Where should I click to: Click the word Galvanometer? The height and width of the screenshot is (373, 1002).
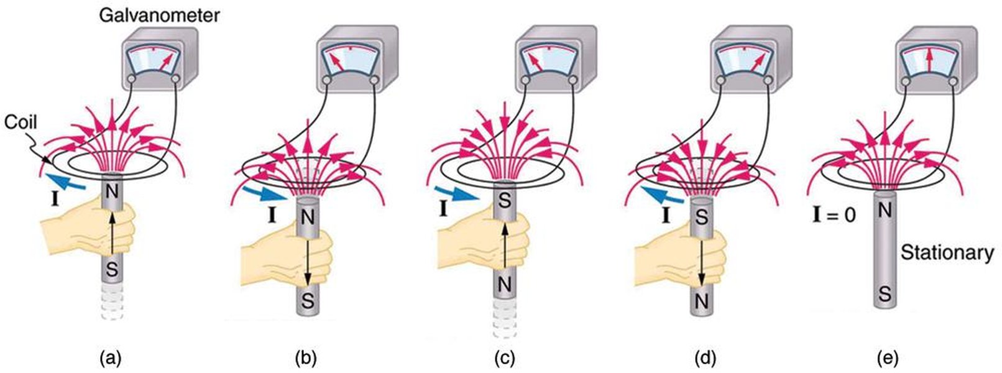(x=159, y=16)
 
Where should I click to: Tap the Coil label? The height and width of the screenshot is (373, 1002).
(x=21, y=122)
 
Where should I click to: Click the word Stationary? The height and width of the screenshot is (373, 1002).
(x=947, y=252)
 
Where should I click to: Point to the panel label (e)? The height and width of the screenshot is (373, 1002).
(x=888, y=358)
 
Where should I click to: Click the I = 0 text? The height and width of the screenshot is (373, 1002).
(x=834, y=215)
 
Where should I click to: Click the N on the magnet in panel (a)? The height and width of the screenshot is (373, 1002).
(x=111, y=192)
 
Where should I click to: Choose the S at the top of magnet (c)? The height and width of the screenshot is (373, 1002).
(x=504, y=201)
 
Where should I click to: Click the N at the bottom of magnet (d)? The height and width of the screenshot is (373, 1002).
(x=701, y=302)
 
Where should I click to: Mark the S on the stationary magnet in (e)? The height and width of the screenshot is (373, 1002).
(x=885, y=294)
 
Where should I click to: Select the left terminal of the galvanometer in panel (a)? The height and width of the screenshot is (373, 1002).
(x=131, y=80)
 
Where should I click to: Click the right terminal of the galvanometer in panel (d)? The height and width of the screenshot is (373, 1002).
(x=768, y=81)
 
